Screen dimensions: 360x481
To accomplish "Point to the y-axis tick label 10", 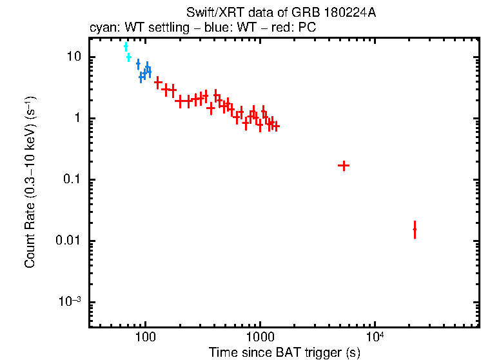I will point(74,57).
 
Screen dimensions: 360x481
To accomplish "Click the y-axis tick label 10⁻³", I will point(70,302).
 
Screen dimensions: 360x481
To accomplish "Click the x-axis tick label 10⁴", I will point(375,335).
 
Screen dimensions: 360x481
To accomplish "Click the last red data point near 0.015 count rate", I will point(415,229).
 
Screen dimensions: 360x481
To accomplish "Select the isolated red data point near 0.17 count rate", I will point(344,166).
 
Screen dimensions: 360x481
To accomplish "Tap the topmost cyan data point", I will point(126,46).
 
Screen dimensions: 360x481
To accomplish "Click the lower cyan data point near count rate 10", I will point(129,57).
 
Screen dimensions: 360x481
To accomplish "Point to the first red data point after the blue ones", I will point(158,83).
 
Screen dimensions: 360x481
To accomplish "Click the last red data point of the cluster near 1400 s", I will point(276,126).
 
